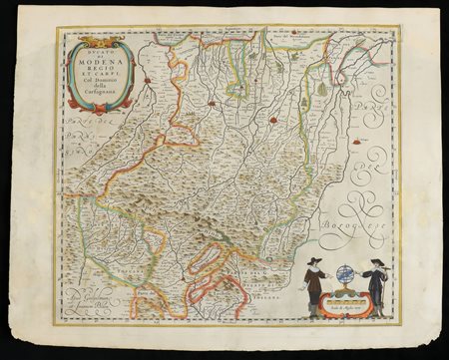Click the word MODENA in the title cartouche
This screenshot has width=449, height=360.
[98, 63]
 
